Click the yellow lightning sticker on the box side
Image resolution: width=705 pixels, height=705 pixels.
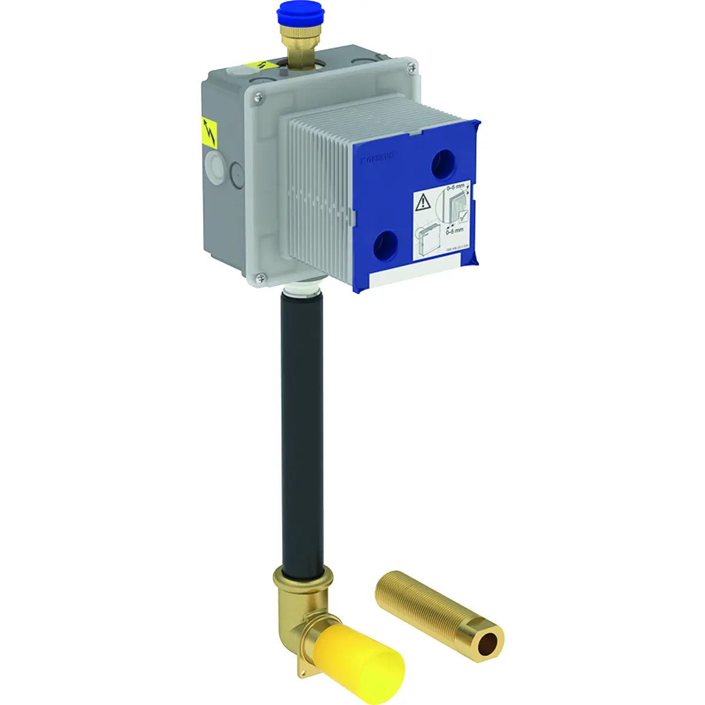point(209,132)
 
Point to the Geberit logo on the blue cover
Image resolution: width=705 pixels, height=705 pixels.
point(379,157)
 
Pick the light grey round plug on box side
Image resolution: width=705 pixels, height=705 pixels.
point(214,167)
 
